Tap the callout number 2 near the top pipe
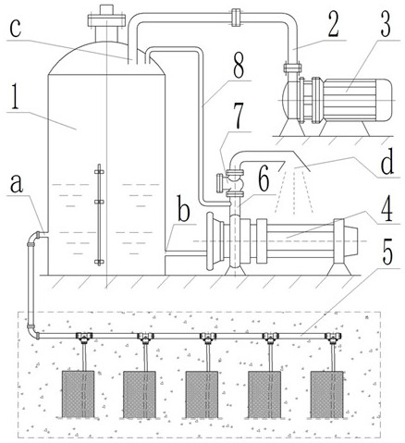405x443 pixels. coord(333,25)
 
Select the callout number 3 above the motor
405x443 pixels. coord(386,25)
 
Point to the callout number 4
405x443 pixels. coord(387,208)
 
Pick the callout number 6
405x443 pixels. coord(264,180)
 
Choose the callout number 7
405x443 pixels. coord(238,117)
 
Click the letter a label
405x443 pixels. coord(17,183)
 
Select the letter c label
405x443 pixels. coord(15,29)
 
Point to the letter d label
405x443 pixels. coord(387,162)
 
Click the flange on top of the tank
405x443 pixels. coord(106,20)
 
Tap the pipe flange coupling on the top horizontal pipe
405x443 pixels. coord(236,18)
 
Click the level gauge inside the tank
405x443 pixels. coord(99,215)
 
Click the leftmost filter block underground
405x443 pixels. coord(79,394)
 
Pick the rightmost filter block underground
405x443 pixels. coord(326,394)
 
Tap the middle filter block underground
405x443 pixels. coord(202,394)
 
